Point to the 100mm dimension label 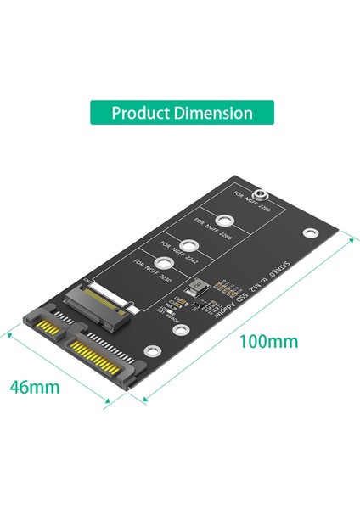pos(269,342)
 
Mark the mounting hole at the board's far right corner pos(312,232)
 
